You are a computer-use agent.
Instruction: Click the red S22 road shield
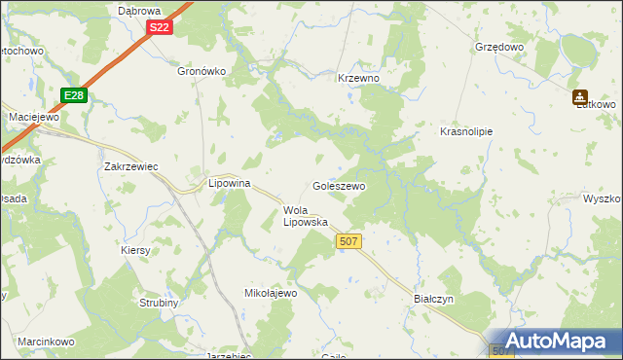point(161,28)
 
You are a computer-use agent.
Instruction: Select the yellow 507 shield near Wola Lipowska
point(348,240)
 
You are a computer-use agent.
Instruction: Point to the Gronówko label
point(202,71)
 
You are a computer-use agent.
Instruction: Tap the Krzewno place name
point(357,78)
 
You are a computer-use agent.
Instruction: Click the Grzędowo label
point(499,47)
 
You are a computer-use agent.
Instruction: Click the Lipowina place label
point(231,183)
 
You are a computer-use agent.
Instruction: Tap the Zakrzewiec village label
point(131,166)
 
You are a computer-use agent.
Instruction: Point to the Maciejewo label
point(34,117)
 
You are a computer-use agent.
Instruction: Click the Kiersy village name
point(136,250)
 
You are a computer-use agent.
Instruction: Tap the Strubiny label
point(157,303)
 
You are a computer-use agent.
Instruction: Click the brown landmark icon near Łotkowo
point(580,97)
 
